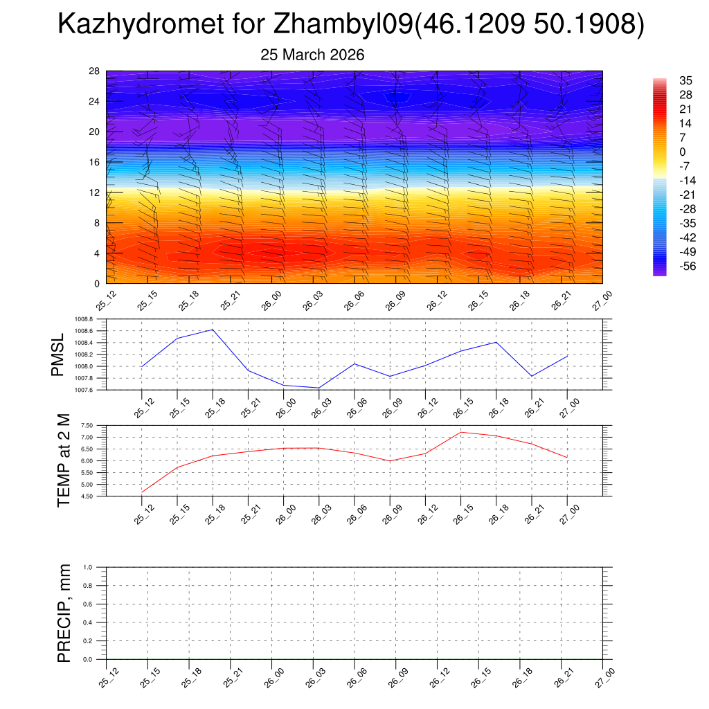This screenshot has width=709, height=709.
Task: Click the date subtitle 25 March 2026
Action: (312, 55)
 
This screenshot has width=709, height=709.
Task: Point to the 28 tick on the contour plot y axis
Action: (95, 71)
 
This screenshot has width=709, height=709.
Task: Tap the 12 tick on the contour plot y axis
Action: (95, 192)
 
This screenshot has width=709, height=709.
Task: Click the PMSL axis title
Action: (57, 354)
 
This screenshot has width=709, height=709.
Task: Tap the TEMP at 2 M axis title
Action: (64, 460)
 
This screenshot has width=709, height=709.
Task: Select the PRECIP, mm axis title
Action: (64, 613)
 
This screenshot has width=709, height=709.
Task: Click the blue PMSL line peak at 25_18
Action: (213, 330)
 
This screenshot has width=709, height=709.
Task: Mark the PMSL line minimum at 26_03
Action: (318, 388)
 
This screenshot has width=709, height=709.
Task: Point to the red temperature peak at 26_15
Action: (460, 432)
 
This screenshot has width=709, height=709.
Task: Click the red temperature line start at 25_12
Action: (142, 492)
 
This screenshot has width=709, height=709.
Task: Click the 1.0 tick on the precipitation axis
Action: (97, 567)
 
